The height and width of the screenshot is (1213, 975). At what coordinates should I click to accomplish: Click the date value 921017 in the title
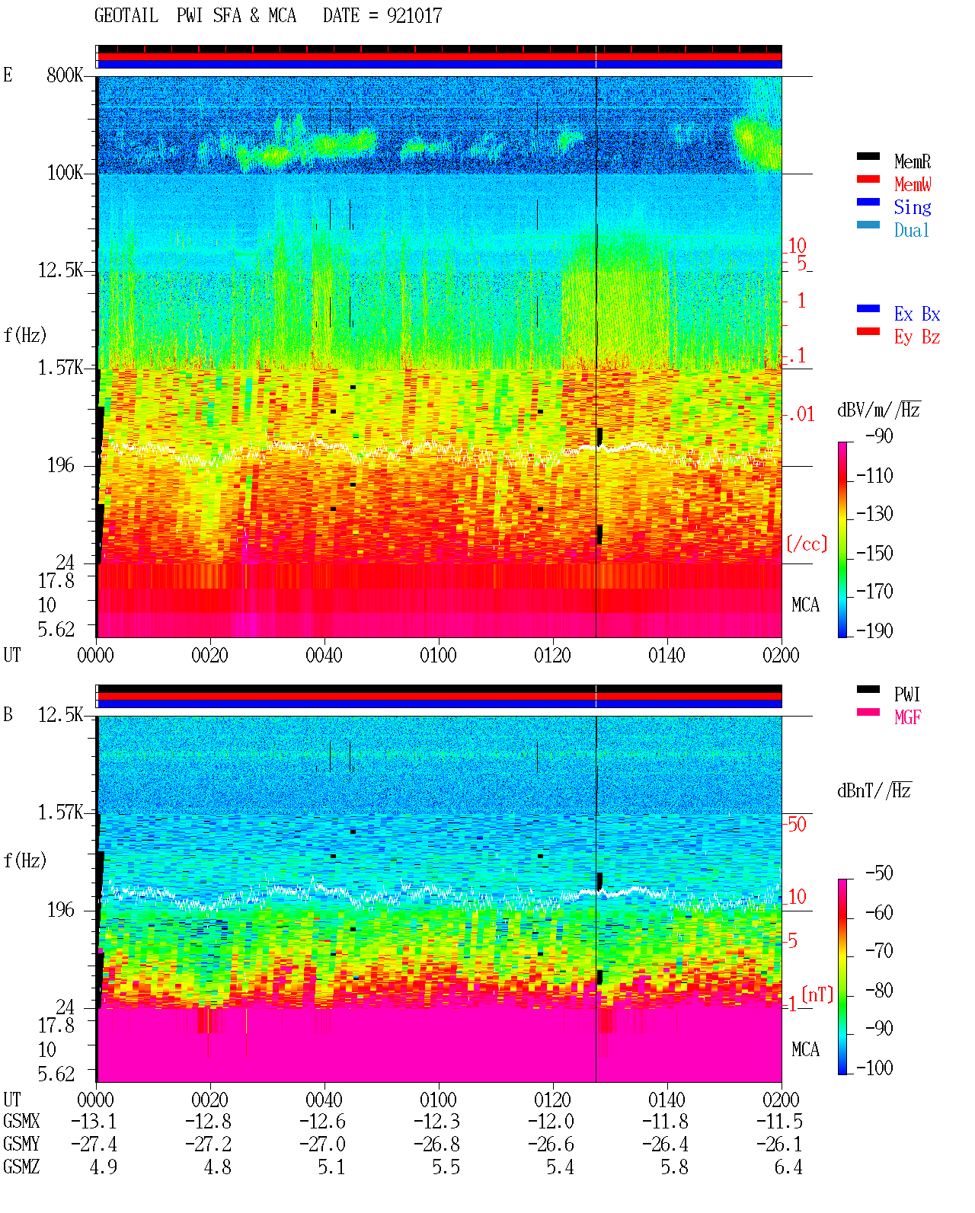(414, 16)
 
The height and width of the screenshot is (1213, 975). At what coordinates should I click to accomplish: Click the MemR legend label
(912, 161)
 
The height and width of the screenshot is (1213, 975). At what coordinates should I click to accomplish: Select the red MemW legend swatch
(868, 179)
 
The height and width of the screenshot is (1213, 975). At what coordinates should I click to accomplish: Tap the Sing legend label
(912, 207)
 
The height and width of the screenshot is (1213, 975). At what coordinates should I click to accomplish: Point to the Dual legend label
(911, 230)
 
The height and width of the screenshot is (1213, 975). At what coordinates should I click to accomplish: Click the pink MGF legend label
(907, 717)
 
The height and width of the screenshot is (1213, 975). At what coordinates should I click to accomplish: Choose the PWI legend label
(906, 694)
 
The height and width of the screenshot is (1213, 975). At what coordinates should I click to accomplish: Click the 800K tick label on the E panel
(65, 75)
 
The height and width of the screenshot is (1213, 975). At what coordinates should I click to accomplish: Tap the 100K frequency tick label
(65, 173)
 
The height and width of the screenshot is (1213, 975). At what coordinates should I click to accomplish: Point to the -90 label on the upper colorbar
(879, 436)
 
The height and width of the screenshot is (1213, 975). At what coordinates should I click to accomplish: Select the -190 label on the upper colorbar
(874, 630)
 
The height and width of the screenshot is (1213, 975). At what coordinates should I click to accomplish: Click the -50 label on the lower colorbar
(879, 873)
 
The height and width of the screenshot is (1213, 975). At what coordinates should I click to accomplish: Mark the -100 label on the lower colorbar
(874, 1068)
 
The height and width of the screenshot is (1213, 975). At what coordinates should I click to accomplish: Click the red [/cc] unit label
(807, 544)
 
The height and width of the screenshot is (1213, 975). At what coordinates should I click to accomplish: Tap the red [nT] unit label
(817, 994)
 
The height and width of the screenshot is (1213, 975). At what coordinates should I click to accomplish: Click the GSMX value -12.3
(437, 1121)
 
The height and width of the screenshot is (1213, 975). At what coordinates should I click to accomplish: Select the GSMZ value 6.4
(788, 1167)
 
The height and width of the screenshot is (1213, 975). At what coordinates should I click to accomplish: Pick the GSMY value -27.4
(94, 1144)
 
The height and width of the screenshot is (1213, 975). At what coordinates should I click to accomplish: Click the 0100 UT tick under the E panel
(438, 655)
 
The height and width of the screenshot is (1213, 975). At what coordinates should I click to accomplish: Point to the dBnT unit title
(874, 791)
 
